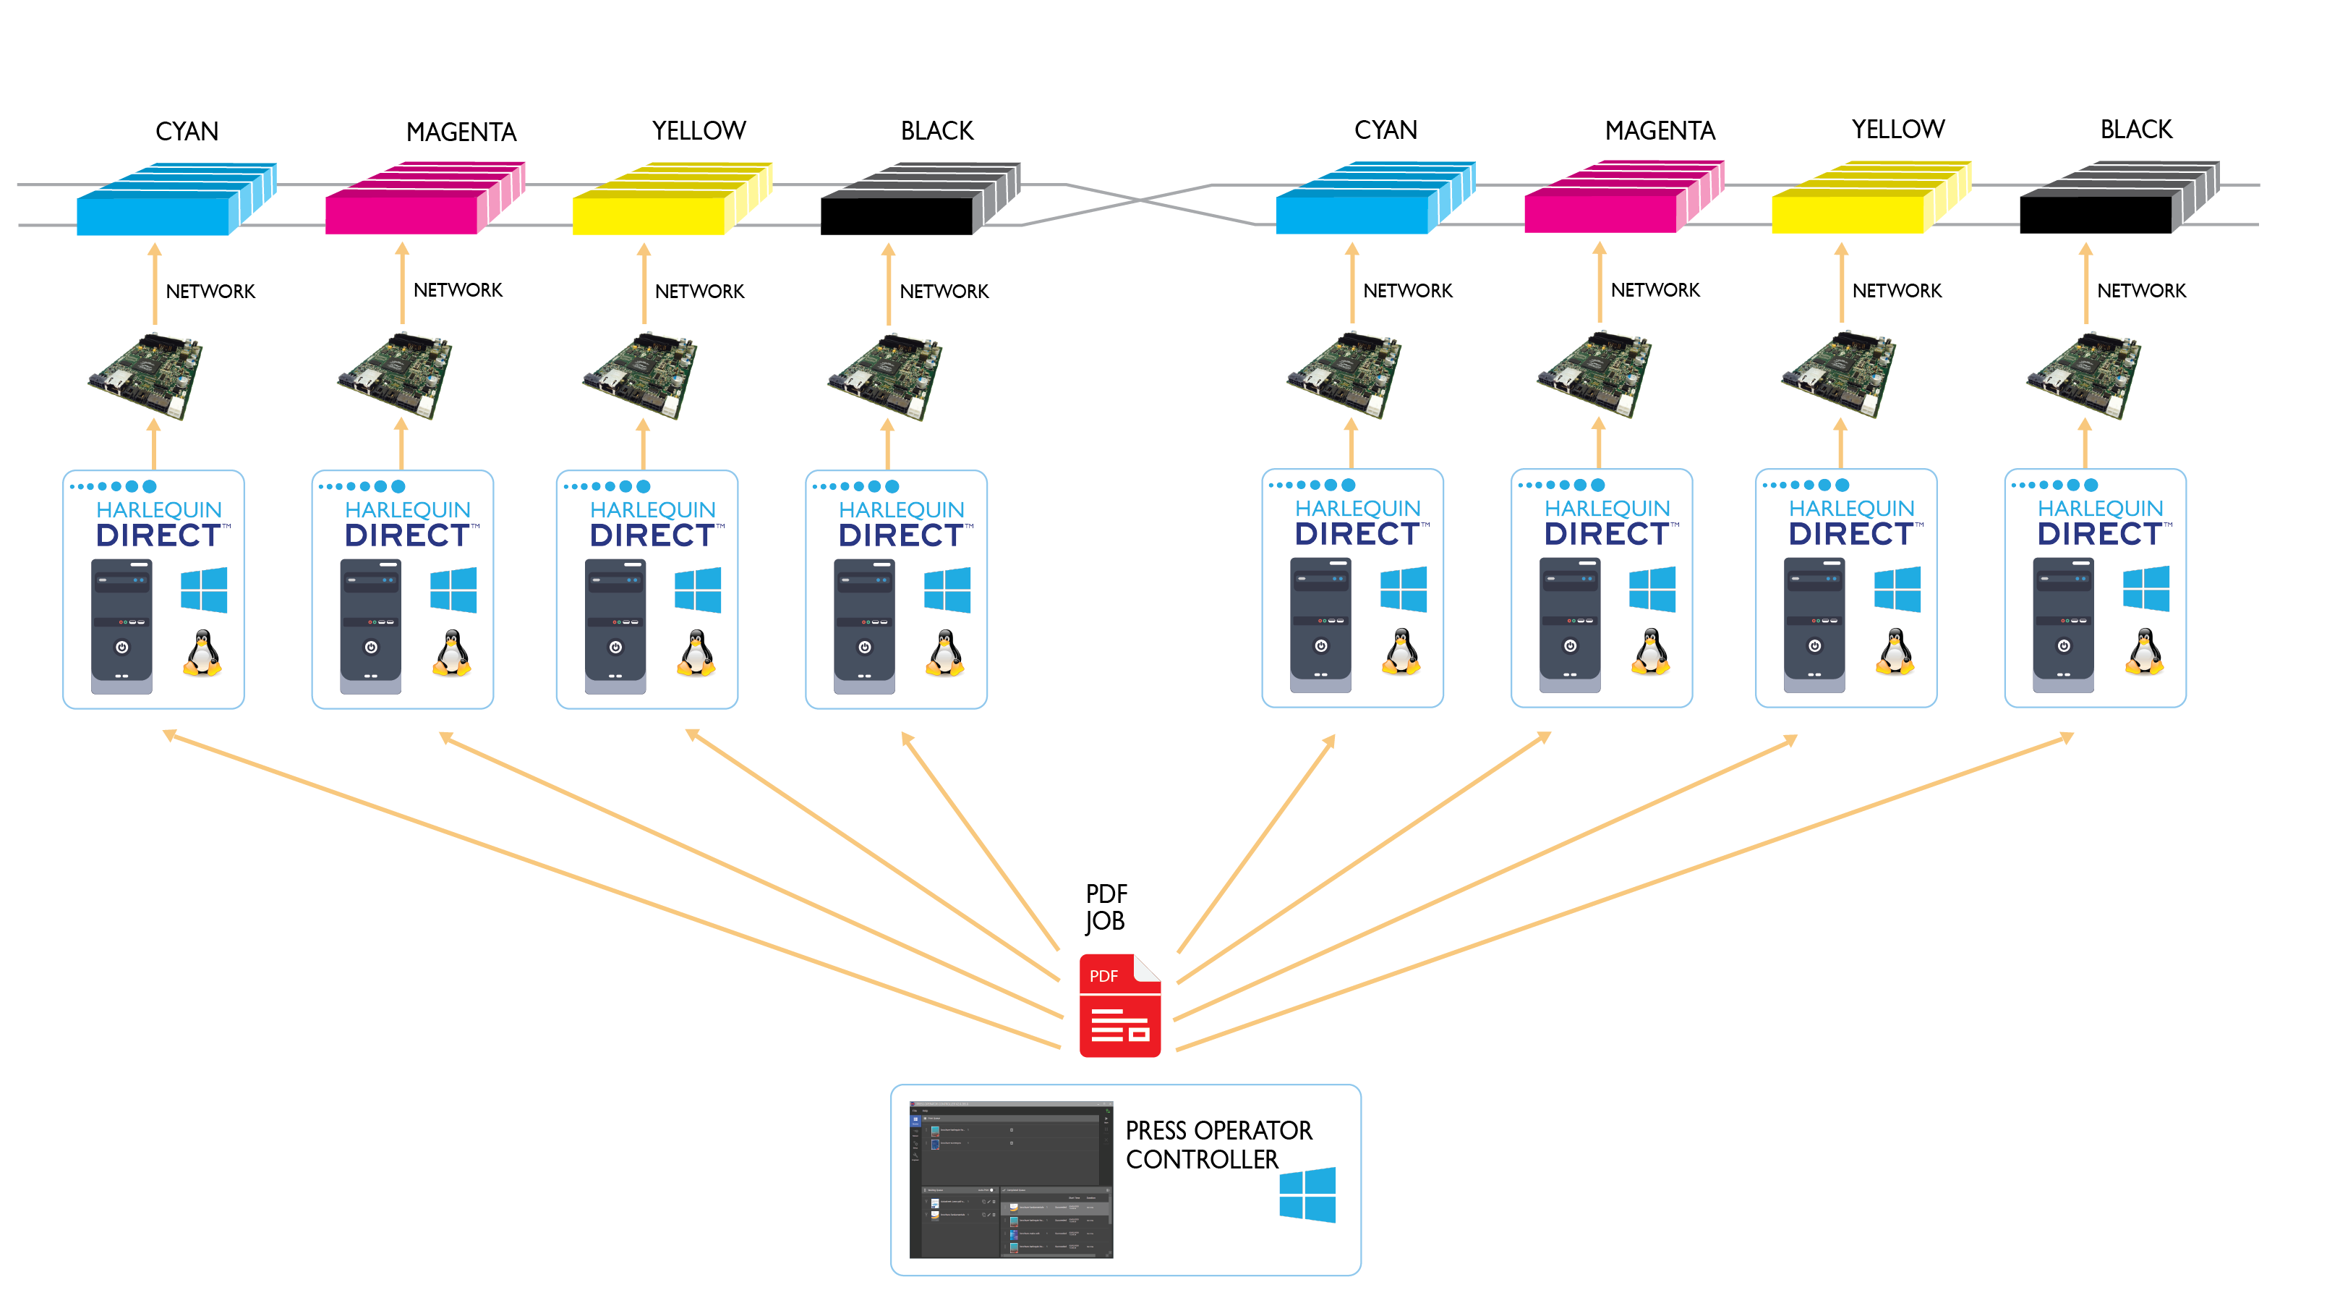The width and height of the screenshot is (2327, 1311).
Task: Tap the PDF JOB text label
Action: pos(1106,907)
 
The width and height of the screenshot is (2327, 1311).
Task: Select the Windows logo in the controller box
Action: pos(1307,1195)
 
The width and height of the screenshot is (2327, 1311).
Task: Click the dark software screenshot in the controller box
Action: pos(1011,1179)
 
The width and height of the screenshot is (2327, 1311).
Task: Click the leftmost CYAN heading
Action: pos(187,132)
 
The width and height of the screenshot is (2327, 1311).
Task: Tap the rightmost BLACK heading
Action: pos(2135,130)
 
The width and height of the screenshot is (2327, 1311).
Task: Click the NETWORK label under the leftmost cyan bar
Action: pos(210,292)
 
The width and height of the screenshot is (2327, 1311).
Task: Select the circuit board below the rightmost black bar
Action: pos(2084,375)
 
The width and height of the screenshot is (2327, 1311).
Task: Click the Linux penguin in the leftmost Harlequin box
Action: pos(203,653)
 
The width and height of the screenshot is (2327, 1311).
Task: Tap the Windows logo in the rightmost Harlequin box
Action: pos(2145,588)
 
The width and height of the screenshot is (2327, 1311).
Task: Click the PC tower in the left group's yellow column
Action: pos(615,626)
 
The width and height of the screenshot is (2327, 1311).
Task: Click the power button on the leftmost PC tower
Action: pos(122,647)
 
